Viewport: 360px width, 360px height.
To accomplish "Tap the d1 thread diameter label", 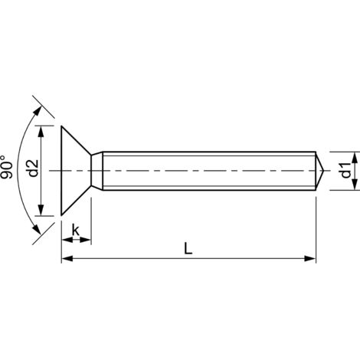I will click(345, 169).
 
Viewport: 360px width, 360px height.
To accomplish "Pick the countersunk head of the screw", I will click(75, 169).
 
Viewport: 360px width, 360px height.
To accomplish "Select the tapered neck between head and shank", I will click(97, 169).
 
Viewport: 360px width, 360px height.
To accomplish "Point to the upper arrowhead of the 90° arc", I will click(34, 99).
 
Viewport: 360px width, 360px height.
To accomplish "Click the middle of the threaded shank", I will click(207, 169).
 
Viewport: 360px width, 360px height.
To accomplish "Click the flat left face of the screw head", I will click(61, 169).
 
